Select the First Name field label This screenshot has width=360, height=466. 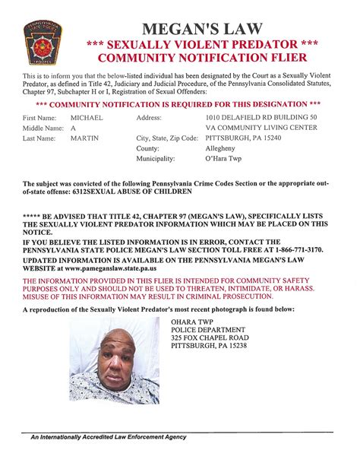(x=41, y=119)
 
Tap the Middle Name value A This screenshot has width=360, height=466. (x=73, y=128)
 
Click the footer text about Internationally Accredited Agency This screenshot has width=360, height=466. (x=108, y=437)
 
